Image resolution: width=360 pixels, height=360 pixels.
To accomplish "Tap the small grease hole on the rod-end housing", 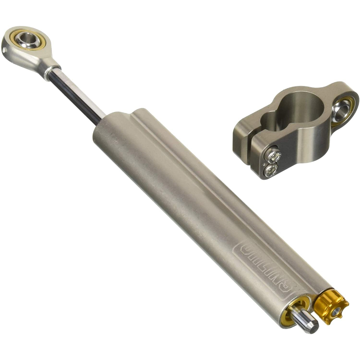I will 4,50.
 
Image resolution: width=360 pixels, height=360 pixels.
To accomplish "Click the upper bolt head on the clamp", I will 273,155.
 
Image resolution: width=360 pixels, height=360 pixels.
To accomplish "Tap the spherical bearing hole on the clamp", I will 341,111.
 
